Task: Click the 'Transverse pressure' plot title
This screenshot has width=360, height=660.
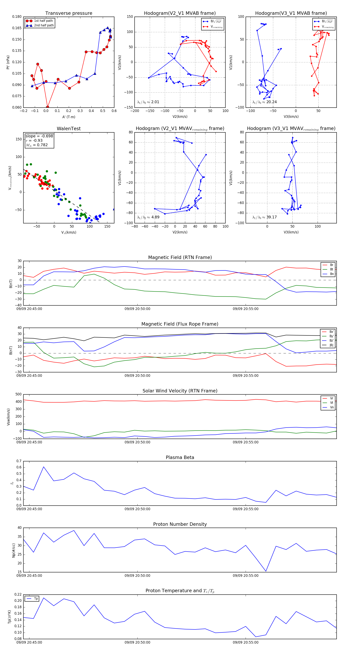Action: pyautogui.click(x=69, y=13)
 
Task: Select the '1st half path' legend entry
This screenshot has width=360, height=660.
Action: pyautogui.click(x=43, y=21)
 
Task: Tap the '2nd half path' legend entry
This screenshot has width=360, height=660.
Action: pyautogui.click(x=44, y=25)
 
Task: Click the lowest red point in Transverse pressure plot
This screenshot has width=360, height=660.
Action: pyautogui.click(x=48, y=107)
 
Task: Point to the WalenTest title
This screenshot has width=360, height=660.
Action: pyautogui.click(x=69, y=129)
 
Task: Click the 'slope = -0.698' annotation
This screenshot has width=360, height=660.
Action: pyautogui.click(x=39, y=136)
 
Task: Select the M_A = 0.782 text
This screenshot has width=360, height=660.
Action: pyautogui.click(x=37, y=145)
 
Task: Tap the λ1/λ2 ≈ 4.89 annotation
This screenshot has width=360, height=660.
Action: pyautogui.click(x=148, y=217)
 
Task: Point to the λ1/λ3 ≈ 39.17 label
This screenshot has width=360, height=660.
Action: pyautogui.click(x=264, y=217)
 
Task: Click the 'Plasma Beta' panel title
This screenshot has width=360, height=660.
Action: pyautogui.click(x=180, y=457)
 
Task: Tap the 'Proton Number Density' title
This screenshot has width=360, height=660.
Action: pyautogui.click(x=180, y=524)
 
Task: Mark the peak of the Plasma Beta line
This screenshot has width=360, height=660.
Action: pyautogui.click(x=44, y=467)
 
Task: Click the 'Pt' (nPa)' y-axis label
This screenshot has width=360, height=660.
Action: pyautogui.click(x=8, y=62)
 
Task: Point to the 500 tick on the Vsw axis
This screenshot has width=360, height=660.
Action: pyautogui.click(x=18, y=394)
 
